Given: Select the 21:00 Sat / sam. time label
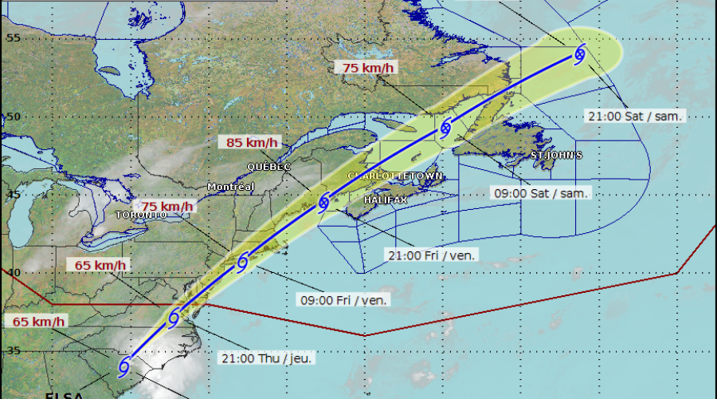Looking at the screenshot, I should tap(635, 116).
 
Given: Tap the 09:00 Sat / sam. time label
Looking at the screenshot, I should tap(540, 193).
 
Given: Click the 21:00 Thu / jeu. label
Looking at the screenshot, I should tap(266, 358).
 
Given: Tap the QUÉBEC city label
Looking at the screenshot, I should tap(269, 167).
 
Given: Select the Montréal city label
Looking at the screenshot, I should tap(230, 187).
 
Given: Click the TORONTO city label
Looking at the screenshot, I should tap(142, 215).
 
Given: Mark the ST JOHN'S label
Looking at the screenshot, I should tap(556, 155).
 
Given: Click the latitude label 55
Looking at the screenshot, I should tap(13, 38).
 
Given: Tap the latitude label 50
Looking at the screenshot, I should tap(13, 117).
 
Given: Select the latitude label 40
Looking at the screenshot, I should tap(13, 273).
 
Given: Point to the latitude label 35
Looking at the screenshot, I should tap(13, 350).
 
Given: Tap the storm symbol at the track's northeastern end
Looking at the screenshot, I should tap(580, 54).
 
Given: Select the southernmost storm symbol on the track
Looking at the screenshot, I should tap(123, 367).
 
